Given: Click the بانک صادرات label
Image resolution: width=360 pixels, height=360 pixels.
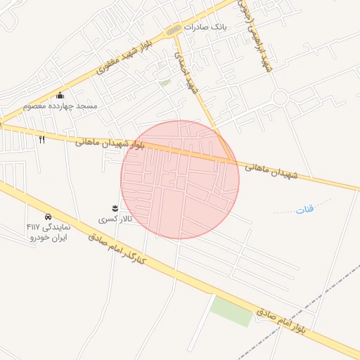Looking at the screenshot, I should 208,26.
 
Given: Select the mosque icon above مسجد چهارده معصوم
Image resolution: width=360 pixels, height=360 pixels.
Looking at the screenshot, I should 60,96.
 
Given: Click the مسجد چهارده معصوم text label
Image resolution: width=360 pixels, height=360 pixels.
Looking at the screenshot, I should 60,106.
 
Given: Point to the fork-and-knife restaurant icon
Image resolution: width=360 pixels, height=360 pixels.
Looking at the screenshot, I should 41,139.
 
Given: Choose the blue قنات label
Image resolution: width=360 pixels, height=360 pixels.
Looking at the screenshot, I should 304,208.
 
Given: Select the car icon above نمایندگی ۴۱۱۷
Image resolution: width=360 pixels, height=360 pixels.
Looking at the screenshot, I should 48,217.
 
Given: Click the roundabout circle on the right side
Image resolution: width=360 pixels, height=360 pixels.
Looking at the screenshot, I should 281,98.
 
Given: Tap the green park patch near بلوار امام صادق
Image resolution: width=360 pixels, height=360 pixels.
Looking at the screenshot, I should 232,310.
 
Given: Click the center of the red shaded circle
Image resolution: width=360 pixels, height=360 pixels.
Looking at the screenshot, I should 180,180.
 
